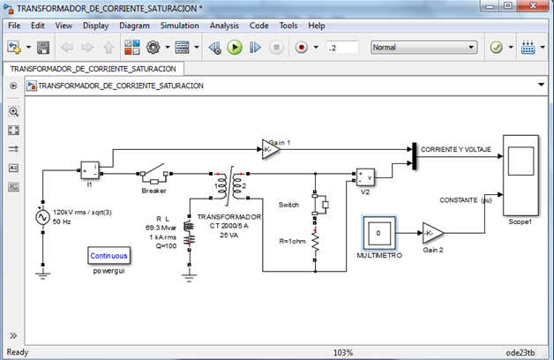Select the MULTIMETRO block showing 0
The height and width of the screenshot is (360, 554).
click(378, 234)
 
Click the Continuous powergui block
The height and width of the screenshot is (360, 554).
click(109, 256)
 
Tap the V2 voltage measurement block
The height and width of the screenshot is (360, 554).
click(365, 176)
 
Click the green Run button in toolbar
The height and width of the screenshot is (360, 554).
click(235, 47)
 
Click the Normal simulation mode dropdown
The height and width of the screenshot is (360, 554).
click(423, 47)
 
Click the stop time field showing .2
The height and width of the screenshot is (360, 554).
click(341, 47)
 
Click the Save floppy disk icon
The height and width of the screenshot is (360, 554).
click(43, 47)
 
